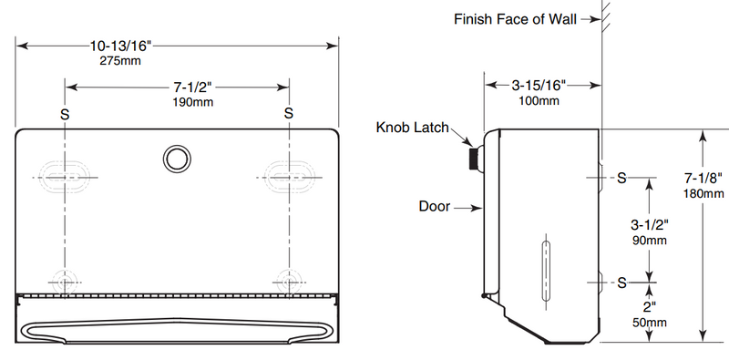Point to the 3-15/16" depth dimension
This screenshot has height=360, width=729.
pos(539,86)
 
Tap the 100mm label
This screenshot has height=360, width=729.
pos(539,100)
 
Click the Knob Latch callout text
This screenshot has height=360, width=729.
pos(413,128)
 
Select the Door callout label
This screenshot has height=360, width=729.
pos(436,207)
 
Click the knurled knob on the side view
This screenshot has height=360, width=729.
pos(474,159)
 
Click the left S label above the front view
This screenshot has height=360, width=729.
pos(64,113)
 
